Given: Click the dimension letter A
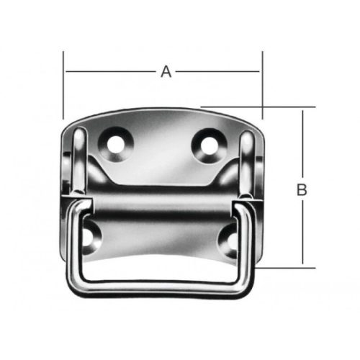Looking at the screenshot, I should (x=166, y=71).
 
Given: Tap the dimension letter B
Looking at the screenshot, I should (x=302, y=189).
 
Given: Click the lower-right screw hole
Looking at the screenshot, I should (x=229, y=239).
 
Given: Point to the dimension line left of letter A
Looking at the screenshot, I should (x=108, y=71).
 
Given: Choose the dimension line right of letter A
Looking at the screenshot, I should (x=216, y=71).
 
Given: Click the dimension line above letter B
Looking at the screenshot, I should (x=302, y=144).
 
